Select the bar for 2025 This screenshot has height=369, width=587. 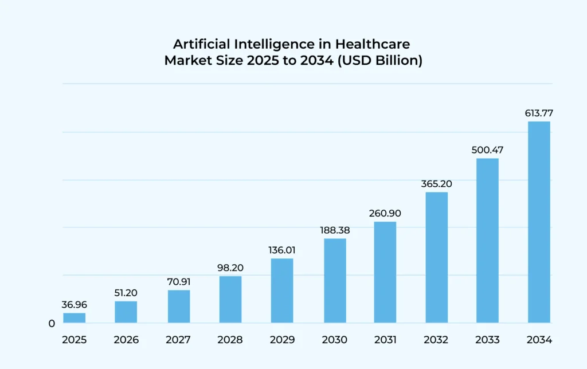(75, 318)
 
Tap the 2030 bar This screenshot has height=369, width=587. (335, 281)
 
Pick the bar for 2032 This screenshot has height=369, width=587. (437, 257)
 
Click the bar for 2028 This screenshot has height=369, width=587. (230, 300)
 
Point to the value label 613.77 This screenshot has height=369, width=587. (539, 113)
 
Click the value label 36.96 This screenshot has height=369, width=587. (75, 305)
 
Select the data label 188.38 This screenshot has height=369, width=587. (335, 230)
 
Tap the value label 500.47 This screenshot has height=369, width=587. (487, 150)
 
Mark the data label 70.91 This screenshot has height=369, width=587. (178, 282)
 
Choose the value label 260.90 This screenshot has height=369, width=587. (385, 213)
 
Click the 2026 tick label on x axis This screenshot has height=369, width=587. (126, 340)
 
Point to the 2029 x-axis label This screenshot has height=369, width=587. (282, 340)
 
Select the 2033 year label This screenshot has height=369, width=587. (487, 340)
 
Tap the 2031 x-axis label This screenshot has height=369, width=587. (385, 340)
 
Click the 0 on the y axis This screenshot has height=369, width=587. (52, 324)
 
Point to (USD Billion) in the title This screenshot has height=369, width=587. (381, 60)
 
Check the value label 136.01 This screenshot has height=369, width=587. (282, 250)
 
